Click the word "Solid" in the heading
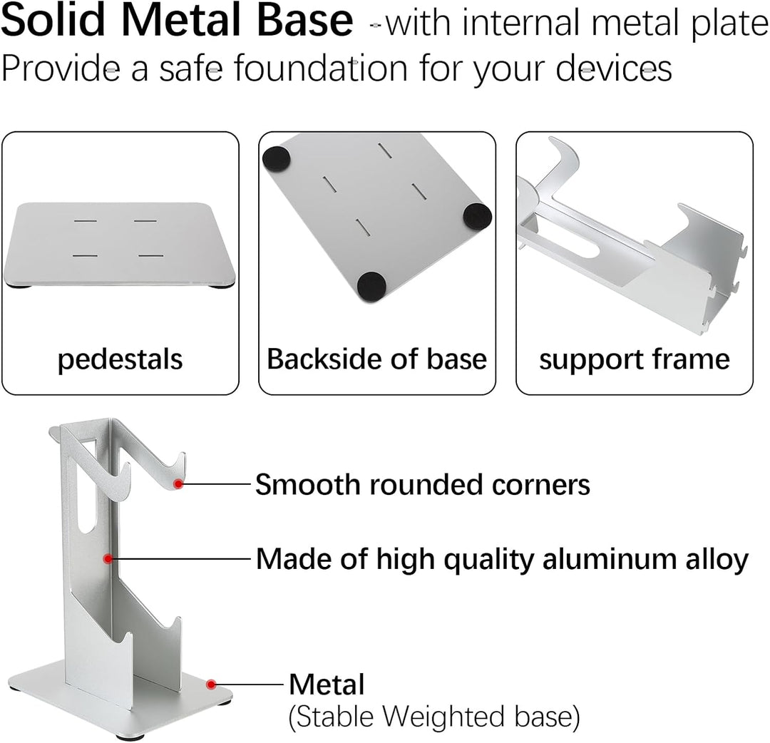click(x=53, y=20)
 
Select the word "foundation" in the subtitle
click(x=321, y=68)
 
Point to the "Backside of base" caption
click(x=377, y=359)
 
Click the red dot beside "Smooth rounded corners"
click(x=179, y=484)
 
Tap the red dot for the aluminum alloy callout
click(x=108, y=558)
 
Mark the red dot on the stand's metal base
click(x=211, y=684)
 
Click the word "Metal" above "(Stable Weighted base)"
click(x=327, y=684)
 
